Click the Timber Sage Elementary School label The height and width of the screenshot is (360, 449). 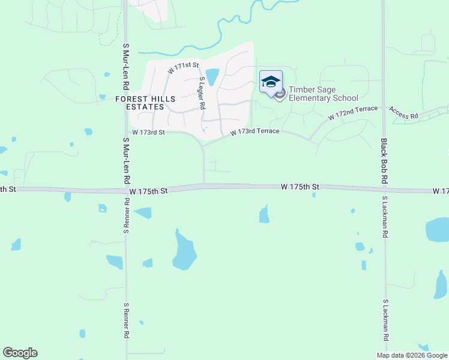click(323, 94)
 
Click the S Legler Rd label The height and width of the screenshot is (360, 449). click(202, 92)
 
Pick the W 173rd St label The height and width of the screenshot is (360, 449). click(148, 132)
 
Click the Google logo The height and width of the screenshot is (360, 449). click(20, 353)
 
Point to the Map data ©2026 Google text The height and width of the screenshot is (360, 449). click(411, 355)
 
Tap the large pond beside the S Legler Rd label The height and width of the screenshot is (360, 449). click(212, 77)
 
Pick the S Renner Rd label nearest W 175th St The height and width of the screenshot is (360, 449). click(127, 217)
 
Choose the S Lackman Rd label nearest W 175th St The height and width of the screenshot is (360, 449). click(384, 217)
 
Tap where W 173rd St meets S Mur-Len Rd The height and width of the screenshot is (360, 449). click(126, 132)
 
